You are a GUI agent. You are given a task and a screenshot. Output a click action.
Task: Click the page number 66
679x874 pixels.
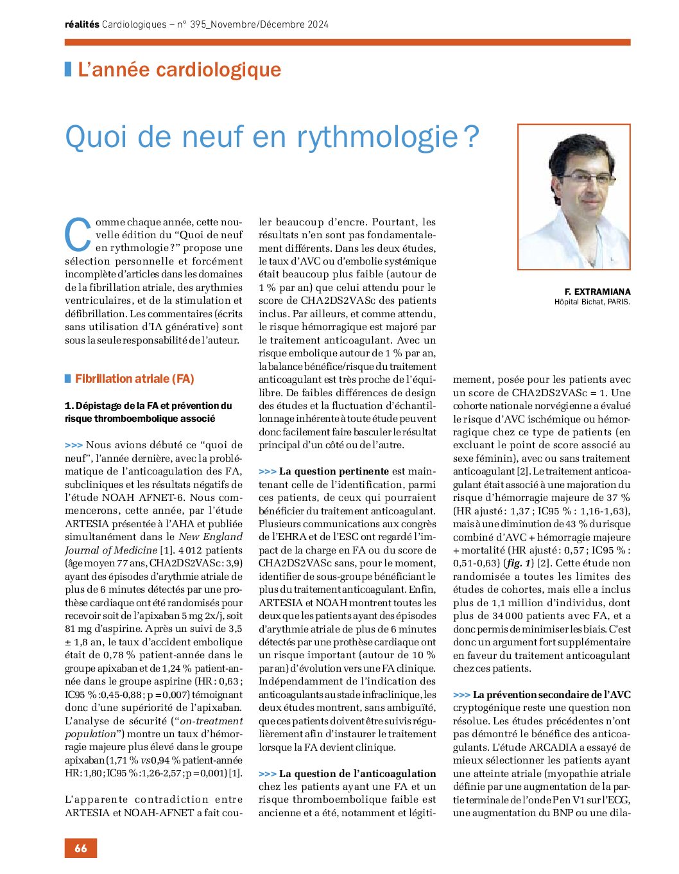[80, 848]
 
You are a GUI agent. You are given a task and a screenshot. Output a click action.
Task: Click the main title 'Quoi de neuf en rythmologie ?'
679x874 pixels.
[272, 137]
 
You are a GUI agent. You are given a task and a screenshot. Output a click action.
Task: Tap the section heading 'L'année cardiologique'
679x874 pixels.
[179, 69]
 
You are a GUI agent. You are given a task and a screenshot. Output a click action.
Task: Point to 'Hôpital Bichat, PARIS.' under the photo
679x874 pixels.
[592, 302]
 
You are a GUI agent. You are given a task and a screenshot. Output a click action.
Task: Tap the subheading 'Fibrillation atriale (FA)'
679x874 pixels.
[134, 379]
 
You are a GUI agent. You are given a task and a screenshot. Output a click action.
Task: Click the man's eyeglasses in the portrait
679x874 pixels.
[585, 177]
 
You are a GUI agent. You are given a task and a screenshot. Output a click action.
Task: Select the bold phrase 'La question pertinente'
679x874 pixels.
[334, 471]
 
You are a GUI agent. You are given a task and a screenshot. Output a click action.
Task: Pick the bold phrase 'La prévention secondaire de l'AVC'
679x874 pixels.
[551, 695]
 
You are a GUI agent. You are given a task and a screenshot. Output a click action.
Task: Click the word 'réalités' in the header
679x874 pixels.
[82, 24]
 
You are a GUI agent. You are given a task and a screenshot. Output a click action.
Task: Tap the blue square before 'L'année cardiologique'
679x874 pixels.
[68, 69]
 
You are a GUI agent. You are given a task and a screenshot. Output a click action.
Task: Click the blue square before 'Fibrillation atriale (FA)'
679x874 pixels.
[68, 379]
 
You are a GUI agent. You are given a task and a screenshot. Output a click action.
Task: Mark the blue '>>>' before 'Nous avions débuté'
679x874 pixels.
[74, 445]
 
